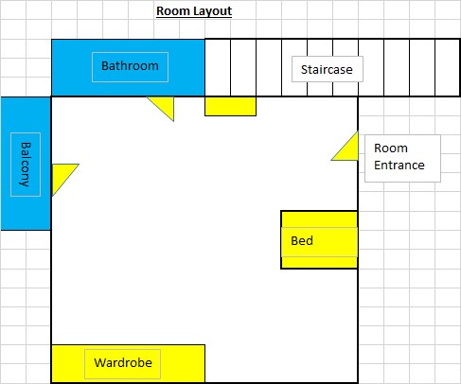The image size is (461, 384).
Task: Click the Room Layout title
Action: [x=194, y=11]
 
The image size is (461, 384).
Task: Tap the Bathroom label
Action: [x=130, y=66]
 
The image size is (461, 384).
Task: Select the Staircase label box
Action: [x=328, y=69]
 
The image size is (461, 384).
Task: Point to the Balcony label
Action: [x=26, y=165]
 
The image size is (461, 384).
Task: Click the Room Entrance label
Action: [x=399, y=156]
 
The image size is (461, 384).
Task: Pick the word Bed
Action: [x=302, y=240]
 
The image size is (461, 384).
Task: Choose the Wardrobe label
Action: [x=123, y=362]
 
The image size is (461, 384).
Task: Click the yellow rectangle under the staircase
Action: [x=230, y=106]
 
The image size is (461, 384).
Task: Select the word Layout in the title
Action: [x=213, y=11]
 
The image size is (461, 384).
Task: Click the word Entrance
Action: [x=399, y=165]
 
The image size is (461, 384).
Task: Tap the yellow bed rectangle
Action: [x=319, y=240]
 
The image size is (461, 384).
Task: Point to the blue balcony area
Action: [x=26, y=164]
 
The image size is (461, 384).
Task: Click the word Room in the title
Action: [x=173, y=11]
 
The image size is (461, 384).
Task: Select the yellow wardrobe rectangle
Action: [x=128, y=363]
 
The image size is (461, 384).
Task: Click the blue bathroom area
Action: [x=128, y=68]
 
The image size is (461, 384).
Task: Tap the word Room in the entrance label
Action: [x=391, y=148]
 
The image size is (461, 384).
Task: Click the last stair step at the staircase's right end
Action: [x=448, y=67]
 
